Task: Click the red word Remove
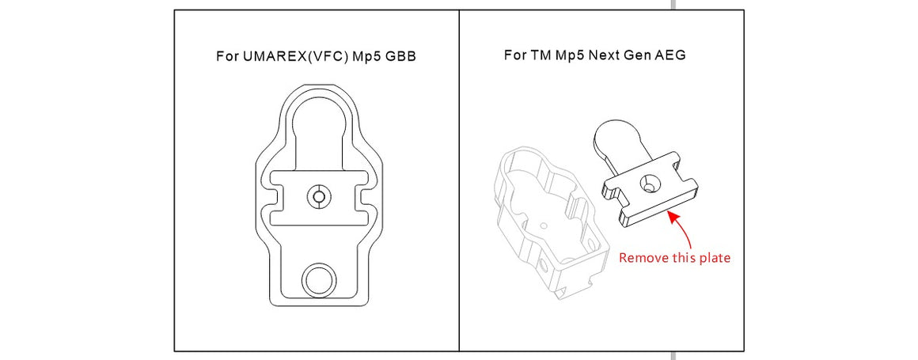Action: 641,258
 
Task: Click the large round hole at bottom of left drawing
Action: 319,279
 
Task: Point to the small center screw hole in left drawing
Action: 318,195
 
